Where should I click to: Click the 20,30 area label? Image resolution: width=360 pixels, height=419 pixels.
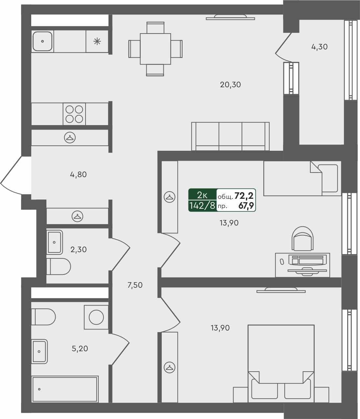[x=230, y=85]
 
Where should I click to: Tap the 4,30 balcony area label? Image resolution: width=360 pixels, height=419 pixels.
[x=319, y=47]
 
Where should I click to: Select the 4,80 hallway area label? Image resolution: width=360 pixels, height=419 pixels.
[x=78, y=174]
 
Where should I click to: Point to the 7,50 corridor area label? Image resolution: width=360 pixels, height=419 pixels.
[x=135, y=285]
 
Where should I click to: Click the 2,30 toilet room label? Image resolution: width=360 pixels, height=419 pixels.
[x=79, y=249]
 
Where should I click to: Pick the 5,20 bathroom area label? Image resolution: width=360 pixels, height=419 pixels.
[x=80, y=348]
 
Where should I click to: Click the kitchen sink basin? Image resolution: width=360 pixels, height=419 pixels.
[x=42, y=41]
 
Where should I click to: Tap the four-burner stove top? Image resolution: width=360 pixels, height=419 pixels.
[x=74, y=114]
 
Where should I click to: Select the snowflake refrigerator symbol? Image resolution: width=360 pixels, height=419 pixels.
[x=97, y=41]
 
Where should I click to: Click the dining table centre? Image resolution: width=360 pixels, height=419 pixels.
[x=155, y=49]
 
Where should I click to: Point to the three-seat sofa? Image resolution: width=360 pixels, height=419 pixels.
[x=230, y=137]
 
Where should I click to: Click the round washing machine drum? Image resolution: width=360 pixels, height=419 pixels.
[x=96, y=317]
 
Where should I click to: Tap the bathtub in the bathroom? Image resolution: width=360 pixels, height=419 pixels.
[x=65, y=389]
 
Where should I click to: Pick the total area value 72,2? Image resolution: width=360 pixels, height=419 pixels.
[x=244, y=196]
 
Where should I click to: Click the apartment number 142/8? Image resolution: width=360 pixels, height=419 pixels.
[x=202, y=206]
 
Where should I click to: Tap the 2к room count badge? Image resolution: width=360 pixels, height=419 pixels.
[x=202, y=195]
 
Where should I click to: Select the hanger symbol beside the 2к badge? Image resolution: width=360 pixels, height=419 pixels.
[x=169, y=197]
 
